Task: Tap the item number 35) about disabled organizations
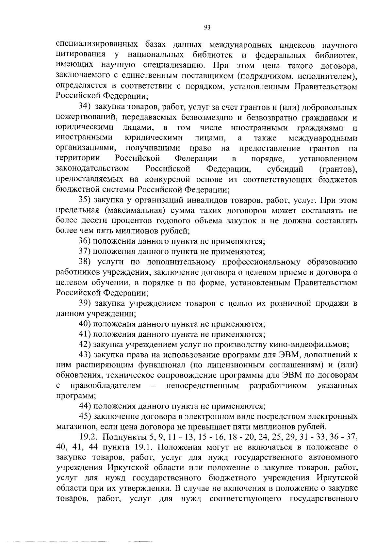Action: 85,200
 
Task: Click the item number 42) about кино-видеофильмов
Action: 85,345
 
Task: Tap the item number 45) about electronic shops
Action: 85,416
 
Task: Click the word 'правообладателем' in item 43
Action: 106,386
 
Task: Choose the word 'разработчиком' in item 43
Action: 278,386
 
